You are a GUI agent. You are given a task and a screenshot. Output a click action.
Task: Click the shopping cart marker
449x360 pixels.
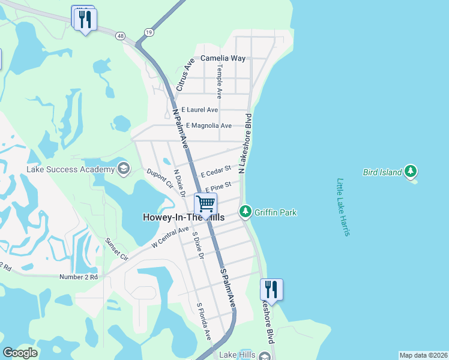[205, 204]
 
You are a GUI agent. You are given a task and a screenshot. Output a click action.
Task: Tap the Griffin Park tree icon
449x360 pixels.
[246, 212]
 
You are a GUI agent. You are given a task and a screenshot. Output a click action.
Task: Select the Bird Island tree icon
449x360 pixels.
[411, 172]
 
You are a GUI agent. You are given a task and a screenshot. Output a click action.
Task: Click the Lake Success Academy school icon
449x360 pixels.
[124, 168]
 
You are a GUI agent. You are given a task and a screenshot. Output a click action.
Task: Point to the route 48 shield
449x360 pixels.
[122, 37]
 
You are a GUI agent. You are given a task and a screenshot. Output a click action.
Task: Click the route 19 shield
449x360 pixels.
[148, 32]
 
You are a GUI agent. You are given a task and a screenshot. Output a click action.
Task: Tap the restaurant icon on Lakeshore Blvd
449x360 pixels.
[271, 289]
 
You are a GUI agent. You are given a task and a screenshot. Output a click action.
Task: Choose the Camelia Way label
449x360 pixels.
[223, 58]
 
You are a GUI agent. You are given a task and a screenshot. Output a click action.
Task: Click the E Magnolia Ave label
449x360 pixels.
[208, 125]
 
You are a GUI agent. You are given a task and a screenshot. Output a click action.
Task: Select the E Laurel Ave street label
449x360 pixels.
[200, 110]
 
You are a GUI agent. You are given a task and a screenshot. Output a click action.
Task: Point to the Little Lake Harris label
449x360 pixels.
[343, 207]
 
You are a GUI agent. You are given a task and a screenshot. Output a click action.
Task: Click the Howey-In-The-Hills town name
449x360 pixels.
[183, 218]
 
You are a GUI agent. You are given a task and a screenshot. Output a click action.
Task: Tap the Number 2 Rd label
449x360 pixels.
[78, 277]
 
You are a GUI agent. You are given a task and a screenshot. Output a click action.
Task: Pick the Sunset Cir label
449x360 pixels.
[117, 248]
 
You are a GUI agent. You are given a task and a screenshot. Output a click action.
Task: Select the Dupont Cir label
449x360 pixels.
[159, 178]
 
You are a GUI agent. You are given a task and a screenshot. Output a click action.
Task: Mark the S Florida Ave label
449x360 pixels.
[204, 322]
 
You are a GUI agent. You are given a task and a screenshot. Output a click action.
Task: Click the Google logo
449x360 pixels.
[20, 352]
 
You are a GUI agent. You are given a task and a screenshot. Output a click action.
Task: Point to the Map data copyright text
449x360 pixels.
[423, 355]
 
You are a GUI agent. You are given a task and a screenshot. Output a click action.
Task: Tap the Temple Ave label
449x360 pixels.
[220, 82]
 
